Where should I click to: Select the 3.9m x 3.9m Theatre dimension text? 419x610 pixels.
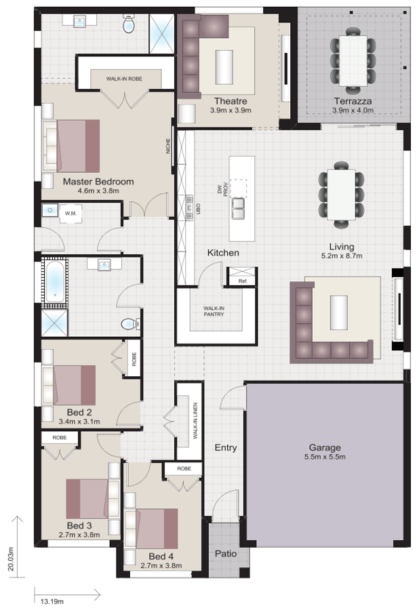231,110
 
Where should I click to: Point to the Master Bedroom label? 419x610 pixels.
98,182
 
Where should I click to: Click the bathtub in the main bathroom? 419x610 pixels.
54,281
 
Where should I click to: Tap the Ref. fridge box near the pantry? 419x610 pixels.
241,279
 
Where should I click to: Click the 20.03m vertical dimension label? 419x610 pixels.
11,559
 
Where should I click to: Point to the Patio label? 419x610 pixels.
226,554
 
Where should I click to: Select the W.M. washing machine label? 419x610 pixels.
71,214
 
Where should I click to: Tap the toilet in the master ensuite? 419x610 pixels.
128,25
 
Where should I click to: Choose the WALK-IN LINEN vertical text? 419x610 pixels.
195,420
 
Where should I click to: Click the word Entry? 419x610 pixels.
226,447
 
